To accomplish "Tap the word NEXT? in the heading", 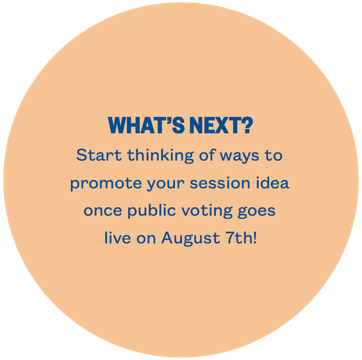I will pyautogui.click(x=218, y=126).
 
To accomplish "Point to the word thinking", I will pyautogui.click(x=159, y=157).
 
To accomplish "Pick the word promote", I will pyautogui.click(x=103, y=185).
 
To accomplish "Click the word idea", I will pyautogui.click(x=272, y=184).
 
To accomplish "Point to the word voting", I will pyautogui.click(x=216, y=212).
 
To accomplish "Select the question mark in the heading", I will pyautogui.click(x=246, y=126).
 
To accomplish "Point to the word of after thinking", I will pyautogui.click(x=207, y=156).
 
